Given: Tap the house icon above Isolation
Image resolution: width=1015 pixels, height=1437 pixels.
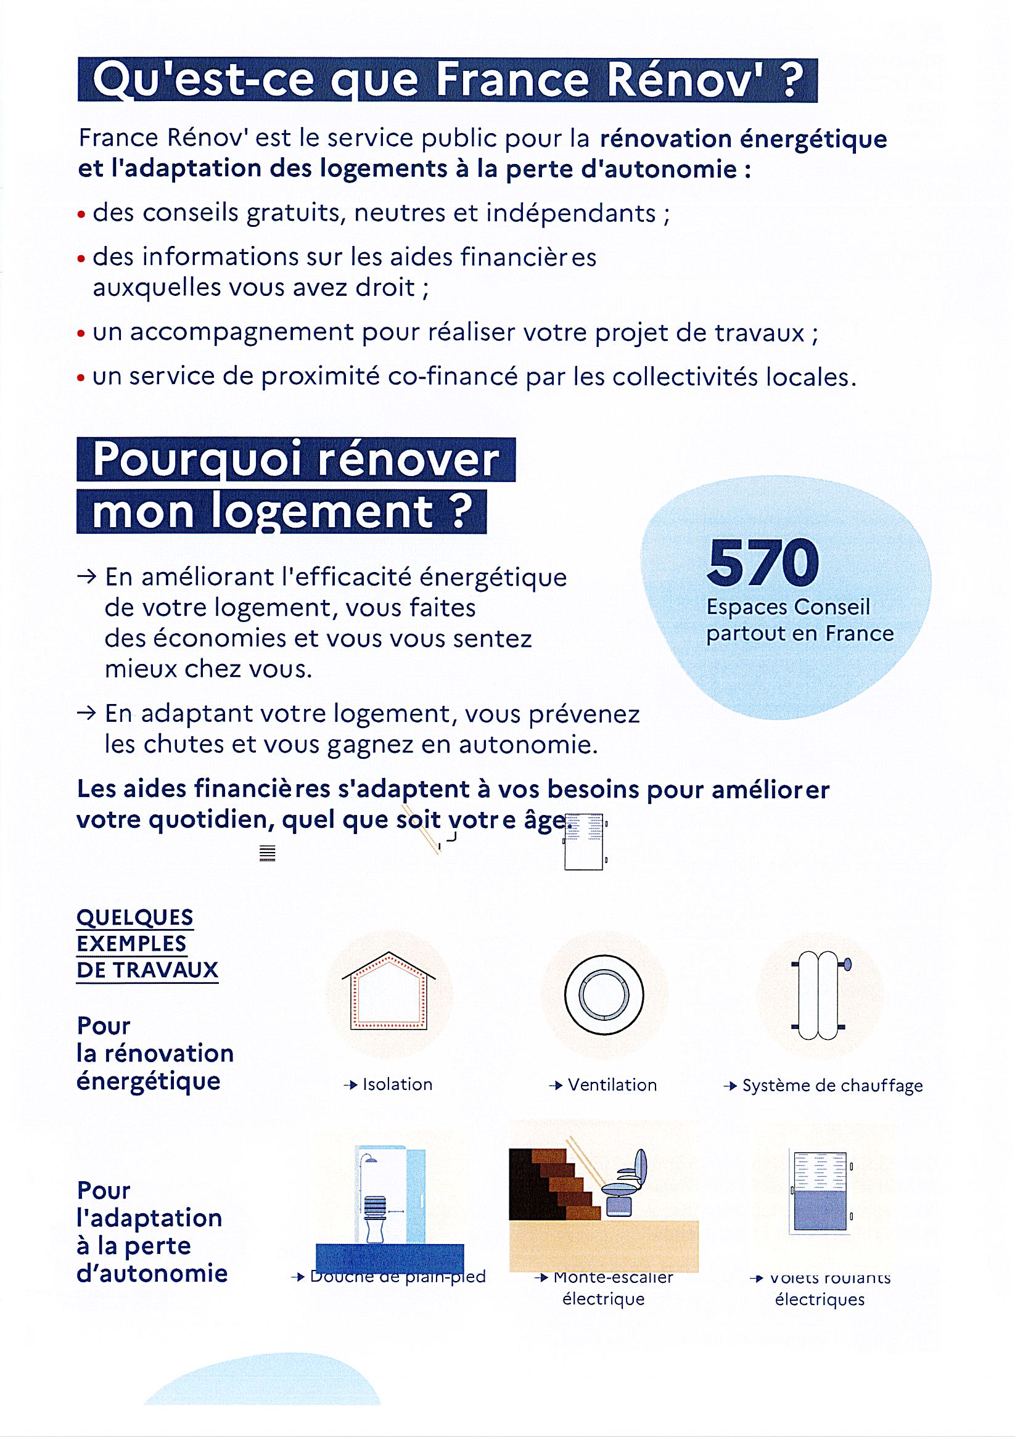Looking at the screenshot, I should (x=388, y=991).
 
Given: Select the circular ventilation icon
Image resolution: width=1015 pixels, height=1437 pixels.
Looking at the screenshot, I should (x=604, y=994).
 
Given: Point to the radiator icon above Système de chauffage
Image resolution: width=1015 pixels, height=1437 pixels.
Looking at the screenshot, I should (x=819, y=995).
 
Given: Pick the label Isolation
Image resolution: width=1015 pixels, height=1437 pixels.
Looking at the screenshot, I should (x=397, y=1084).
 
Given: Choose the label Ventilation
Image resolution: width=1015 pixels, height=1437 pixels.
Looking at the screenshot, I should (x=612, y=1084).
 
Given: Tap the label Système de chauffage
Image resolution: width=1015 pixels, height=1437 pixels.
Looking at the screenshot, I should (x=832, y=1085).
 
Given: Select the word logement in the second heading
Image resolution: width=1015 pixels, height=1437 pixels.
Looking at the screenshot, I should (x=322, y=512).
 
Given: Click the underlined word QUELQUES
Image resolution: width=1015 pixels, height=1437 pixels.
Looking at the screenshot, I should (x=134, y=917).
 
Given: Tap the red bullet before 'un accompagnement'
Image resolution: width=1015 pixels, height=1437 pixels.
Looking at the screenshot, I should (x=81, y=334).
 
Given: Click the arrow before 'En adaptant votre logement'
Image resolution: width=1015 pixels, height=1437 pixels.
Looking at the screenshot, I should (x=86, y=713).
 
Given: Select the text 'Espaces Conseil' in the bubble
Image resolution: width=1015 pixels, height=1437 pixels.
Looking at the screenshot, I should (x=787, y=607).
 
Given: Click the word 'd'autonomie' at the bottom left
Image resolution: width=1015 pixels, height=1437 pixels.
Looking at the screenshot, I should (x=152, y=1272).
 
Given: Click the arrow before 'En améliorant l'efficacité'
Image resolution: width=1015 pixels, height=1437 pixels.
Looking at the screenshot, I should (x=86, y=576).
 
